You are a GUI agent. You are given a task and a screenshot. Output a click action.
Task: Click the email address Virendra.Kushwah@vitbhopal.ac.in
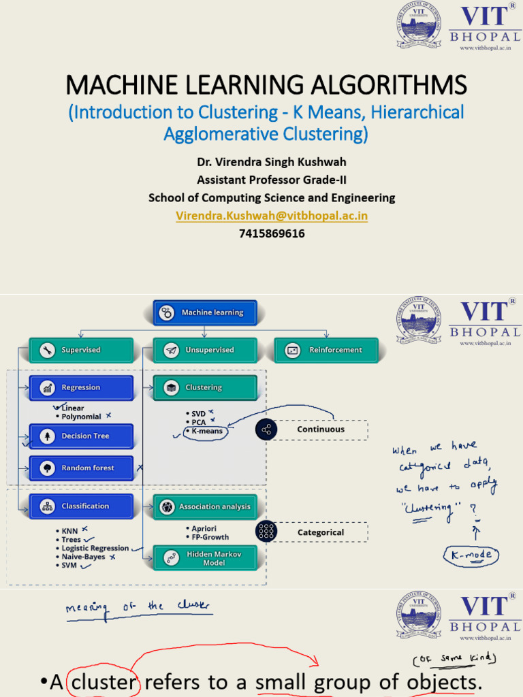[x=272, y=215]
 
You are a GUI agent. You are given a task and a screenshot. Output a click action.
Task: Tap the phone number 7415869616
[x=272, y=233]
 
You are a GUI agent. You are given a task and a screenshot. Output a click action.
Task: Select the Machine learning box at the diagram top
[x=205, y=312]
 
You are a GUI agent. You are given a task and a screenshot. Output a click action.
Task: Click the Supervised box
[x=80, y=350]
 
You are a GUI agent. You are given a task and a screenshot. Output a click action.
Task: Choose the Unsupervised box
[x=205, y=350]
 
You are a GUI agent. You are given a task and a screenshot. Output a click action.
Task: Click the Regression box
[x=80, y=387]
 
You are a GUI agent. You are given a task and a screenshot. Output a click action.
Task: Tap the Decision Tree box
[x=80, y=436]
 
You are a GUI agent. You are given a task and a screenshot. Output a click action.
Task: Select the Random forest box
[x=80, y=468]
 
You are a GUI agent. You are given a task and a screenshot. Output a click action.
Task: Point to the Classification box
[x=80, y=506]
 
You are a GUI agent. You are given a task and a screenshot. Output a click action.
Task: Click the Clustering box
[x=205, y=387]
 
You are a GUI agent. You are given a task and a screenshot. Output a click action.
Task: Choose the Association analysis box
[x=205, y=506]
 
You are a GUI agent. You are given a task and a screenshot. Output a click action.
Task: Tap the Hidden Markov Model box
[x=205, y=558]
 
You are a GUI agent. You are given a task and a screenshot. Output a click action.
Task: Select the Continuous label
[x=321, y=429]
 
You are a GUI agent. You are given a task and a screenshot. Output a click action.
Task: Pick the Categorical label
[x=321, y=532]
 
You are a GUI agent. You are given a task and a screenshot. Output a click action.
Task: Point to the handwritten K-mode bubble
[x=471, y=555]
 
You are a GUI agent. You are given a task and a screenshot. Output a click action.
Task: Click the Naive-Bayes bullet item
[x=84, y=557]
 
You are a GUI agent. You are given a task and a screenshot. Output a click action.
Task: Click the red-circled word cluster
[x=104, y=683]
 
